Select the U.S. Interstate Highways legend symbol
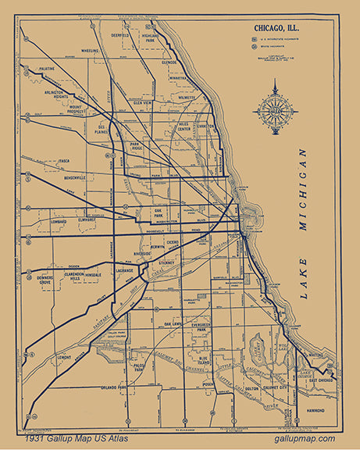(x=255, y=37)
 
